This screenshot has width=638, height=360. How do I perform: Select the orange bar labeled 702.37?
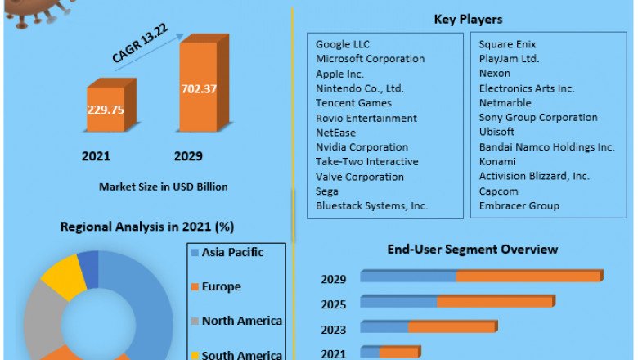pos(199,88)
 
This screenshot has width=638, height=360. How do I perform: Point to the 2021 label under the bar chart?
pos(97,155)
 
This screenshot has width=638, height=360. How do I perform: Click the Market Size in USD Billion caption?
pos(164,187)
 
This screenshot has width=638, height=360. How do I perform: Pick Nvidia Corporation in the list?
pos(362,147)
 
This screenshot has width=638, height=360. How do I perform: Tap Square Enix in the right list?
pos(508,44)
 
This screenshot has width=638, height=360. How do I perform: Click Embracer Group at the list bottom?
pos(519,206)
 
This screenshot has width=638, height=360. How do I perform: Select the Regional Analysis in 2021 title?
pos(148,226)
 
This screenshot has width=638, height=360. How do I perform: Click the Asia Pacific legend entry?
pos(232,252)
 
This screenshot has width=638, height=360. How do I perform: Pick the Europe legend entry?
pos(221,286)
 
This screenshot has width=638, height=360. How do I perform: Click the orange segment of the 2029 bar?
pos(528,277)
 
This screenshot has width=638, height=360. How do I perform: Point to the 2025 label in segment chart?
pos(334,304)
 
